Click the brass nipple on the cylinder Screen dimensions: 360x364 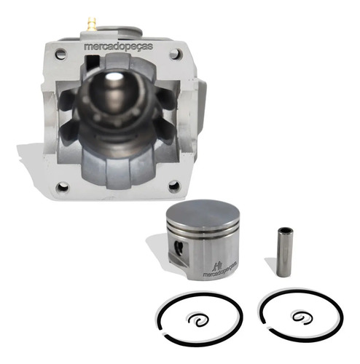click(92, 24)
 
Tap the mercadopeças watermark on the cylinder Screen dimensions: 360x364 click(118, 47)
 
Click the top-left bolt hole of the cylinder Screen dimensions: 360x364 click(60, 54)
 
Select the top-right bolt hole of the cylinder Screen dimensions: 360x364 click(176, 54)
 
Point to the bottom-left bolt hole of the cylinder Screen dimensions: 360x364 click(63, 186)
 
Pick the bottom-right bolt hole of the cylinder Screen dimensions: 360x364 click(174, 186)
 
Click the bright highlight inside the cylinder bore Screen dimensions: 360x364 click(114, 77)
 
